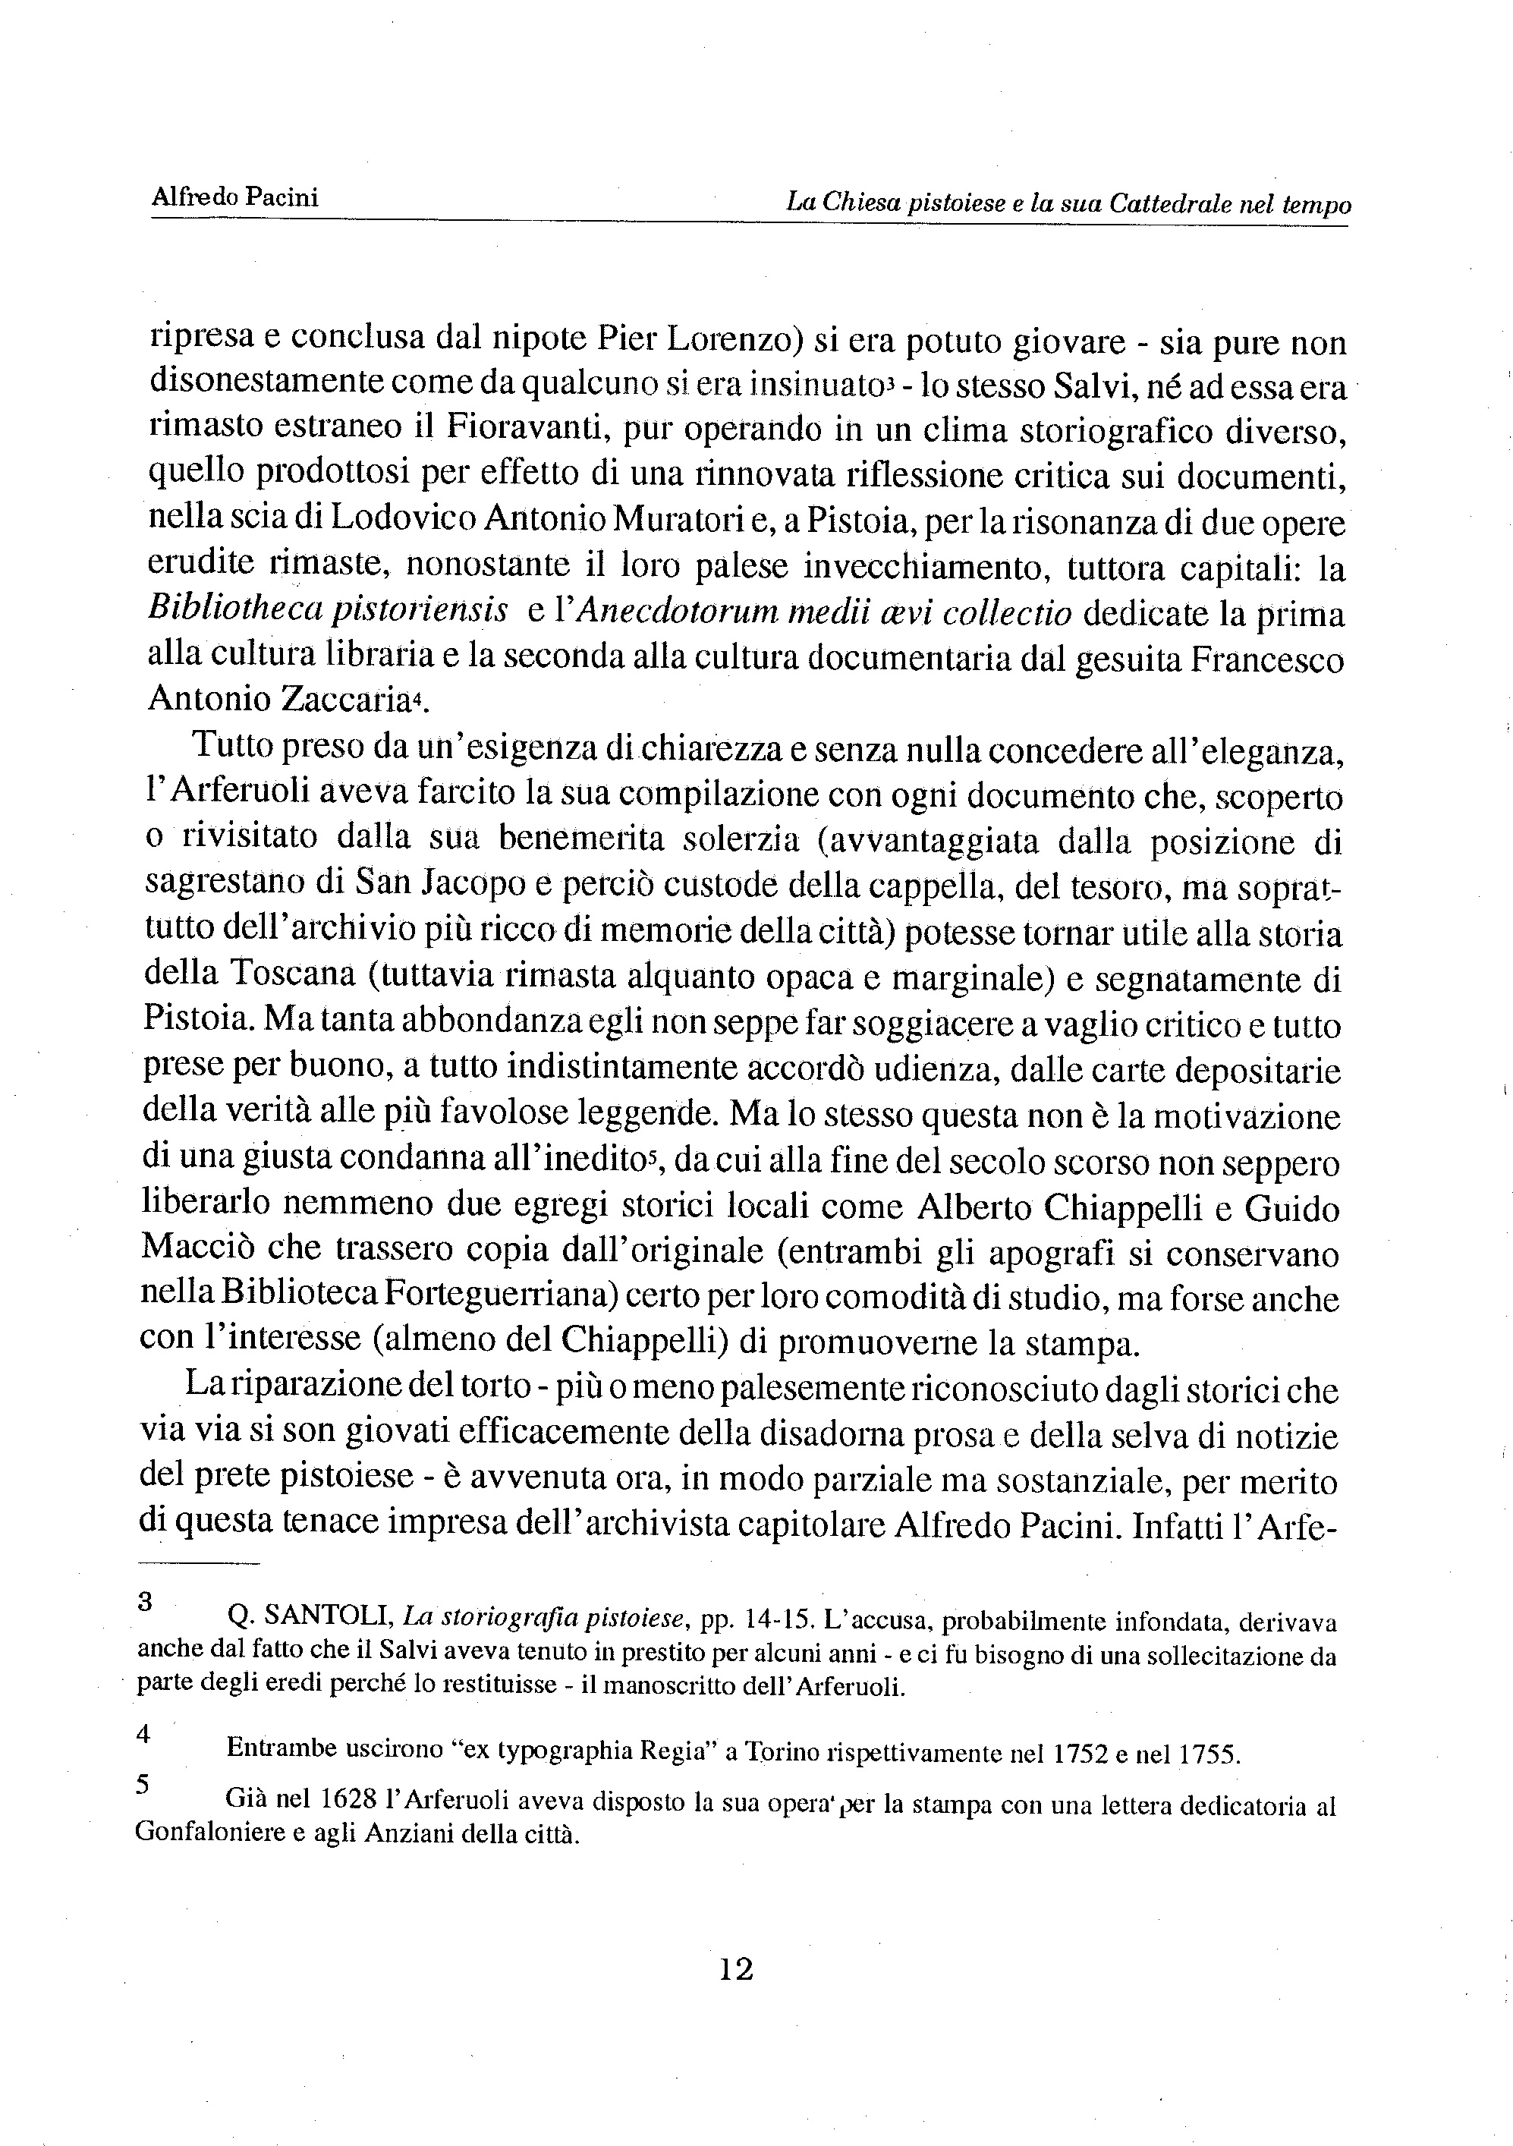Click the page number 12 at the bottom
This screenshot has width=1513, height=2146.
tap(737, 1969)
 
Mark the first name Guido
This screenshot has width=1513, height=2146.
tap(1291, 1209)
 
